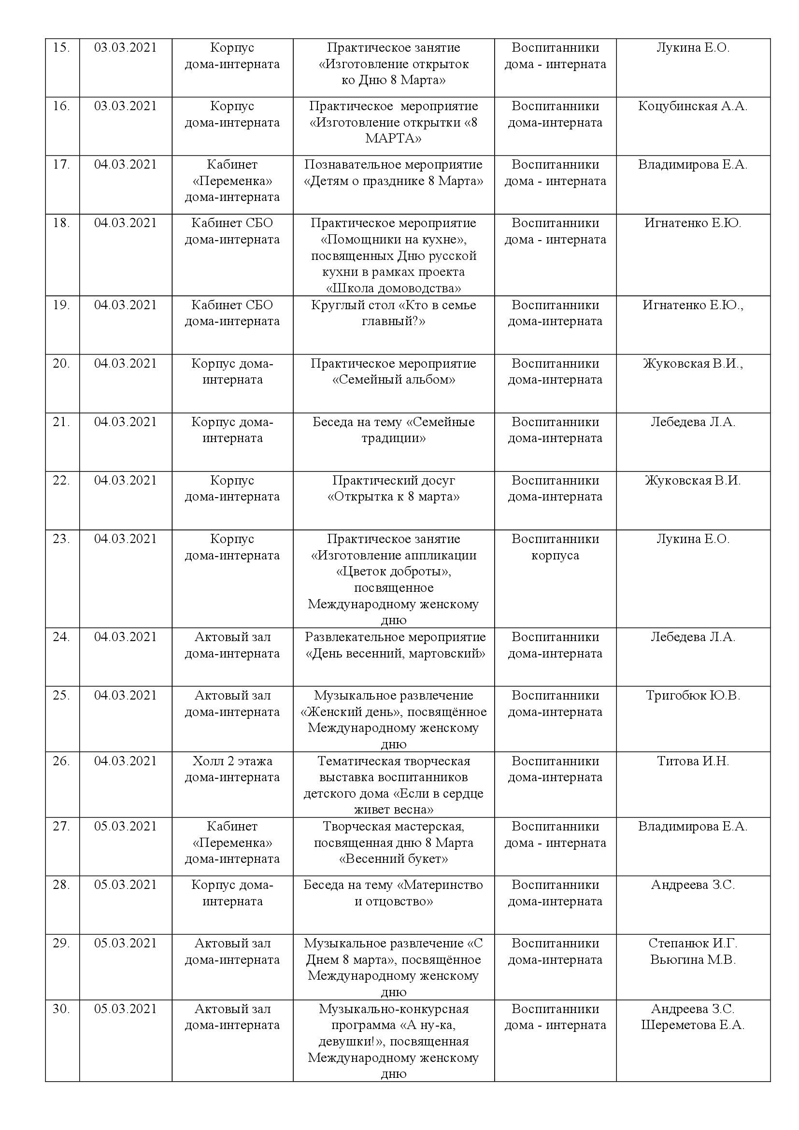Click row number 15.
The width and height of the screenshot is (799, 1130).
point(61,48)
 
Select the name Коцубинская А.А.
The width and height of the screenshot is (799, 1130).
point(692,106)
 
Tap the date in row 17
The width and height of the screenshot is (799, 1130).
point(125,164)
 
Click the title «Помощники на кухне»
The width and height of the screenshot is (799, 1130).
point(393,240)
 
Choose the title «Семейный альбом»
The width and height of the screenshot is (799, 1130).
point(394,380)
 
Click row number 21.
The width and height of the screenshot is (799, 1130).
point(61,422)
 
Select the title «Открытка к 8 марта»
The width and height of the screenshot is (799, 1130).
point(393,497)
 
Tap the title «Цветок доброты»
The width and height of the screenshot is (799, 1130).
point(394,572)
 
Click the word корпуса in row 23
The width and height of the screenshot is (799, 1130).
point(555,555)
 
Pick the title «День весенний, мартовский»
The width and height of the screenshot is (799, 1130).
point(395,654)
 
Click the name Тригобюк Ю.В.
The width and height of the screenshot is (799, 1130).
point(693,695)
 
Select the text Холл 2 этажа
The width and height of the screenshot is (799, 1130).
point(232,761)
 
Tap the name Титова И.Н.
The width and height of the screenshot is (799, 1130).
point(693,761)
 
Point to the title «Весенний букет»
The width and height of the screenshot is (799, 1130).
point(394,859)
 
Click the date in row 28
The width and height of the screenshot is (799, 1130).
point(125,885)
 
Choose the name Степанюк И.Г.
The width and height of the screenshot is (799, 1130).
point(693,943)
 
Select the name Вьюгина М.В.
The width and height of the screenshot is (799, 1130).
point(693,959)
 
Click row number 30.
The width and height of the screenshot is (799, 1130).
point(61,1009)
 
